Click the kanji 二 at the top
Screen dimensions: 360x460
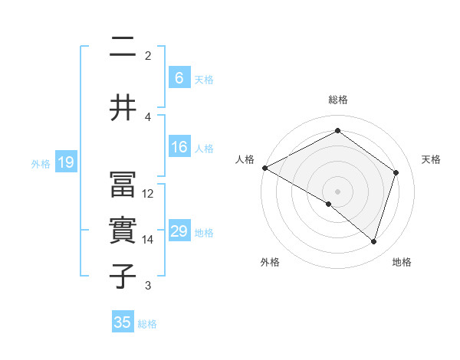coord(123,47)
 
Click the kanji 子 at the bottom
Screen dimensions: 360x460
coord(123,277)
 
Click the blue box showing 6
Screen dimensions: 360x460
coord(179,78)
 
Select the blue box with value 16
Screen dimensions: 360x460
coord(179,148)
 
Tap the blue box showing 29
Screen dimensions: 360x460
coord(179,231)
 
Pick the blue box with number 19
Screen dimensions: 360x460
coord(66,162)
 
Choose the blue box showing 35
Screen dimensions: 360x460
coord(123,322)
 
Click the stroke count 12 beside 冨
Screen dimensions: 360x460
coord(148,193)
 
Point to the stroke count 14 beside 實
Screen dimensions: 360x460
coord(148,240)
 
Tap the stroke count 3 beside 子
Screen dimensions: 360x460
coord(148,286)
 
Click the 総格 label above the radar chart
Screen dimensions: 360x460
coord(337,100)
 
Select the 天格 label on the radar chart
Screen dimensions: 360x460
coord(432,159)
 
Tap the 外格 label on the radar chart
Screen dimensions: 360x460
coord(270,262)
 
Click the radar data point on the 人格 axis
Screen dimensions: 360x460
coord(264,168)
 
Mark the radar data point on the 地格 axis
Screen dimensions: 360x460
coord(373,242)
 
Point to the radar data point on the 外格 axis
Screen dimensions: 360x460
coord(329,204)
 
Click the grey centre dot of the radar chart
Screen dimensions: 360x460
coord(337,191)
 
